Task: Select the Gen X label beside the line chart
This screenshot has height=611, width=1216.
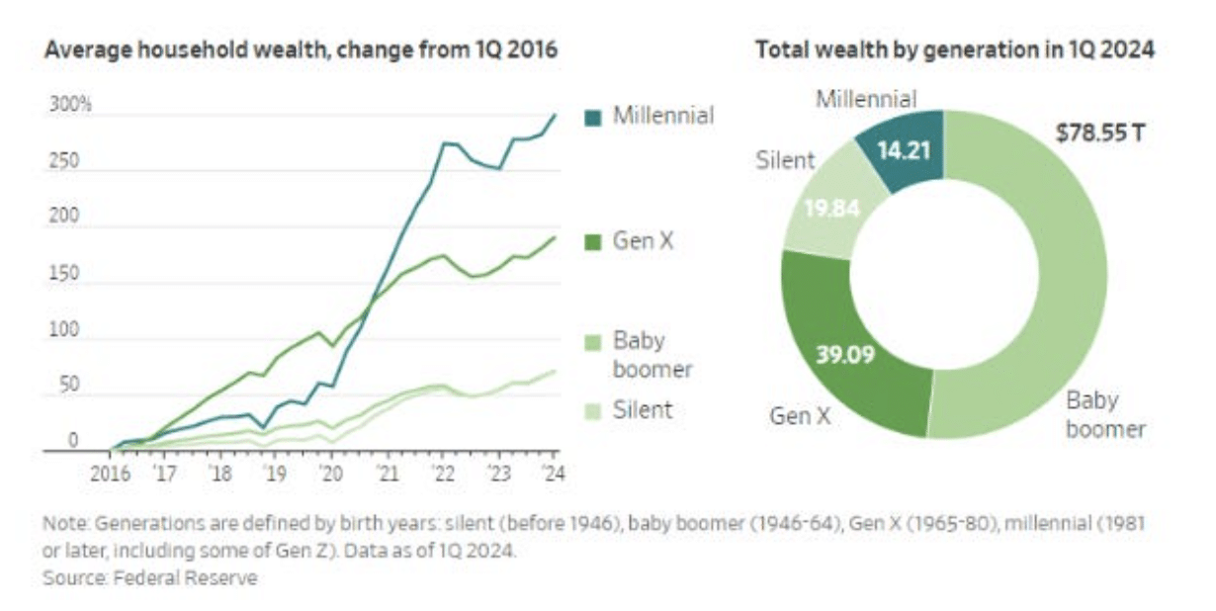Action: pyautogui.click(x=643, y=239)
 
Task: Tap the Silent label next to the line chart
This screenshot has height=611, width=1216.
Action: pyautogui.click(x=642, y=409)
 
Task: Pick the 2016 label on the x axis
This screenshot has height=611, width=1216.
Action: pyautogui.click(x=109, y=473)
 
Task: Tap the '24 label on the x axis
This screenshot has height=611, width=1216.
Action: pyautogui.click(x=552, y=473)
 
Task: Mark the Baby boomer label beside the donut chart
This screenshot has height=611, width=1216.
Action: pyautogui.click(x=1106, y=414)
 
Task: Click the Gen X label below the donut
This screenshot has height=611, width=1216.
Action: pyautogui.click(x=801, y=415)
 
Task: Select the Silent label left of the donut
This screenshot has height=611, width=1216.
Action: pyautogui.click(x=786, y=160)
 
